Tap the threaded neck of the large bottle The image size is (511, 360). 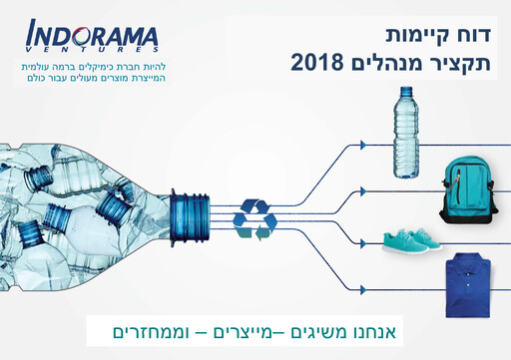coord(190,216)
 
